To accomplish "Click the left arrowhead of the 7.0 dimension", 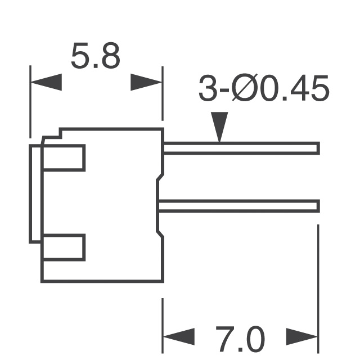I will pyautogui.click(x=178, y=337).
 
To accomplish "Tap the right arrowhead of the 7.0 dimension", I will pyautogui.click(x=303, y=337).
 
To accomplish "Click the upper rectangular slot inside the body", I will pyautogui.click(x=64, y=157).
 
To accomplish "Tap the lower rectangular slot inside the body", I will pyautogui.click(x=64, y=247).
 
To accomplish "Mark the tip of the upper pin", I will pyautogui.click(x=318, y=148).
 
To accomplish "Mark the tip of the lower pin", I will pyautogui.click(x=318, y=206).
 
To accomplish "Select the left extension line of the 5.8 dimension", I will pyautogui.click(x=30, y=101).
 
